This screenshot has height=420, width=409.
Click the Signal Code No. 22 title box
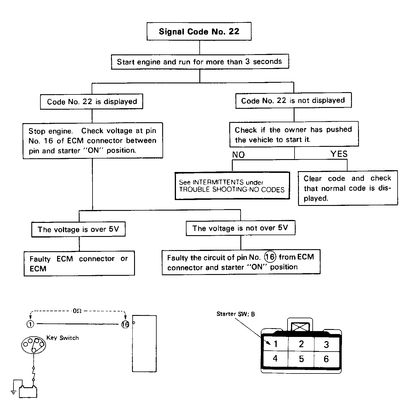tap(199, 31)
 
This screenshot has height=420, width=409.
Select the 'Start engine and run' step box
tap(200, 62)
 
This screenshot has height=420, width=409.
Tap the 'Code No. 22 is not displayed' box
tap(293, 100)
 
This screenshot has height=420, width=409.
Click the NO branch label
tap(238, 155)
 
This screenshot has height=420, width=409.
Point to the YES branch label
tap(339, 154)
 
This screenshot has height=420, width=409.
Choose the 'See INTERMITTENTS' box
tap(232, 186)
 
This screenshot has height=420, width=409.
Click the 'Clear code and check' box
tap(348, 188)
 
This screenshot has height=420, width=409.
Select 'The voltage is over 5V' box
tap(78, 229)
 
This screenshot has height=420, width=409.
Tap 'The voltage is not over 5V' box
tap(240, 228)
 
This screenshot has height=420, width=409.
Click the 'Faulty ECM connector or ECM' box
tap(79, 264)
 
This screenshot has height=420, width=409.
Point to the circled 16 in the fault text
tap(270, 257)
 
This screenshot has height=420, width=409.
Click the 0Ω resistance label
tap(77, 311)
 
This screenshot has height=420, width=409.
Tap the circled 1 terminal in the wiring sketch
tap(30, 324)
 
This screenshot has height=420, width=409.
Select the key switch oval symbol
tap(33, 345)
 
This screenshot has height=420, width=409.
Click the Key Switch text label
tap(62, 338)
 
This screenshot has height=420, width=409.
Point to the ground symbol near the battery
tap(13, 393)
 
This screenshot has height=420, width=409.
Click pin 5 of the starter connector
tap(301, 359)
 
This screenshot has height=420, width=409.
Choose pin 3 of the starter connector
tap(326, 345)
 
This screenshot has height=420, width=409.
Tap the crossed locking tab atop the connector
tap(300, 327)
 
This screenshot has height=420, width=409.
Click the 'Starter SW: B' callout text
tap(236, 314)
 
